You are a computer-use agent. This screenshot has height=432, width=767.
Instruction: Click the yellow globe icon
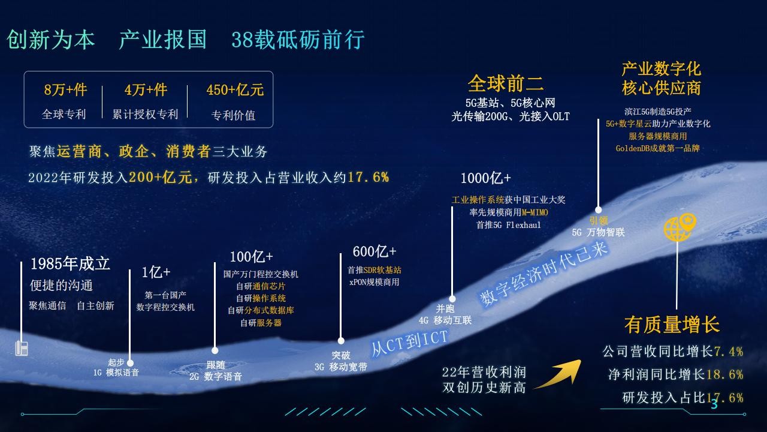680,227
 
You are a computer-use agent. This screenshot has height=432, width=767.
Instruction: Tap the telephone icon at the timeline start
22,349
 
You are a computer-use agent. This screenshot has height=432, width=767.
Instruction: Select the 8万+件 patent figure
65,90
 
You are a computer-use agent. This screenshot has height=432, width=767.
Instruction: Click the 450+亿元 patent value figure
235,90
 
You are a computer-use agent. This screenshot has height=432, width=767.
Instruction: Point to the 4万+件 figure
146,90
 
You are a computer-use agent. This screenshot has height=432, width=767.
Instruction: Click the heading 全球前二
506,83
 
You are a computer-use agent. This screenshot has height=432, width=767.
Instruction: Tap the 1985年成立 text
70,263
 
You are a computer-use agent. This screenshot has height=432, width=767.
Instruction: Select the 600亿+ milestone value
375,251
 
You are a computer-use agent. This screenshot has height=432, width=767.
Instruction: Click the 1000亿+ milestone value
485,178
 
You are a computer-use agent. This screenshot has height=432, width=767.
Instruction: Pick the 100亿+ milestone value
251,257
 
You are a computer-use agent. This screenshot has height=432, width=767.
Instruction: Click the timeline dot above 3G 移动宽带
341,341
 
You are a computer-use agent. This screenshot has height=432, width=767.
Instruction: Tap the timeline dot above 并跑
452,299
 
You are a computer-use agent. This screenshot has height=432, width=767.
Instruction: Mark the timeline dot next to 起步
130,363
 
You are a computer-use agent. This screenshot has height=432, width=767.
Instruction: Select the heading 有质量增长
672,325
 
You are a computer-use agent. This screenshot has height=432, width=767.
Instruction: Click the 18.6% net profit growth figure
725,374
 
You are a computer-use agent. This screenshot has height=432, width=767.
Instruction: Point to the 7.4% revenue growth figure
728,352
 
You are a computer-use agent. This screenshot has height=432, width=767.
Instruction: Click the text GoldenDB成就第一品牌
657,148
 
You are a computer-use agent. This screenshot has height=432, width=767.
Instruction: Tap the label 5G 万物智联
598,232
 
